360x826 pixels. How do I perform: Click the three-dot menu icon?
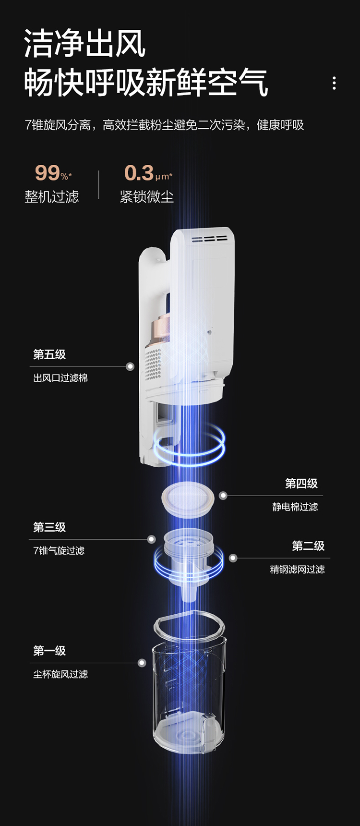tap(334, 83)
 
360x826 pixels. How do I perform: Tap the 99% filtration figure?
tap(53, 173)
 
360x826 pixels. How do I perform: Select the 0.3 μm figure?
tap(147, 173)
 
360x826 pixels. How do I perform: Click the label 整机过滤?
tap(52, 196)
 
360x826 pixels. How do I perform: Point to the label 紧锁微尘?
tap(146, 196)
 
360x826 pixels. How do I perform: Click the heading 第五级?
tap(49, 354)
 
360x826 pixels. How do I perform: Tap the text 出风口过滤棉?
tap(60, 378)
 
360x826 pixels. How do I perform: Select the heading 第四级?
tap(301, 484)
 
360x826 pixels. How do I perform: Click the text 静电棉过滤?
tap(295, 507)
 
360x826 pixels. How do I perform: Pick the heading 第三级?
tap(49, 527)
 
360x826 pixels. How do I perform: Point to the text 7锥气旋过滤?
tap(59, 550)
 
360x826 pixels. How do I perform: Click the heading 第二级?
tap(308, 546)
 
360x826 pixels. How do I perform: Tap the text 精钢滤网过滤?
tap(297, 570)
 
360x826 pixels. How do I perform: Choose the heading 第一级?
tap(49, 651)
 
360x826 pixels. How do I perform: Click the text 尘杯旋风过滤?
tap(60, 674)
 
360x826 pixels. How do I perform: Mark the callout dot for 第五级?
tap(130, 366)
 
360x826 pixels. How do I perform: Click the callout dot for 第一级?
tap(142, 663)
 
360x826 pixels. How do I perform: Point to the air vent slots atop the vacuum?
tap(209, 239)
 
